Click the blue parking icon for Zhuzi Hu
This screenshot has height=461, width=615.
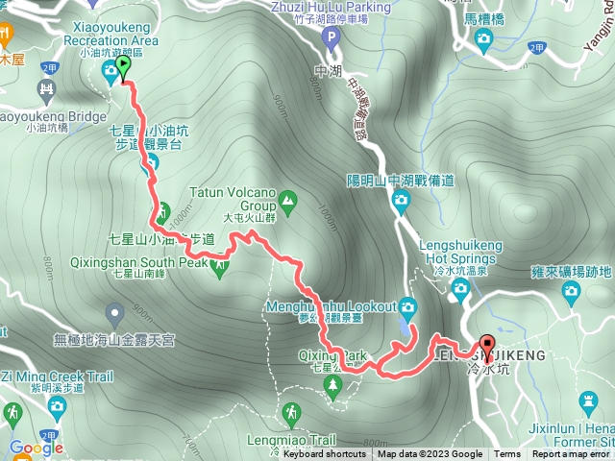332,39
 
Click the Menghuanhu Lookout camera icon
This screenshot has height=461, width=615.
408,307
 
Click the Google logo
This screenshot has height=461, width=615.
36,448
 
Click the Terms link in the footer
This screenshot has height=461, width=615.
507,454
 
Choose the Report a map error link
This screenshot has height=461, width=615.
573,454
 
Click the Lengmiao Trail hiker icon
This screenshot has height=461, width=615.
291,414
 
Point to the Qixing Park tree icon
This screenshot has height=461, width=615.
332,386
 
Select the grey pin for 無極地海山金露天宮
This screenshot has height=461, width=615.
115,313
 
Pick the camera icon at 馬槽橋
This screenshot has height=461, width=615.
484,38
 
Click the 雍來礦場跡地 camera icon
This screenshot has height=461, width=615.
573,291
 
